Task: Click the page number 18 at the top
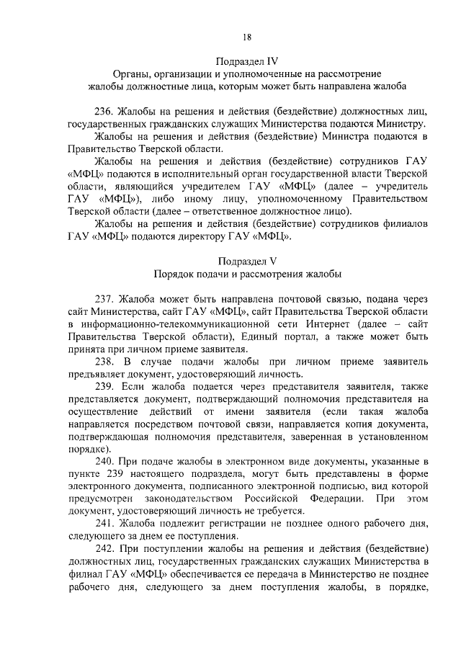click(247, 37)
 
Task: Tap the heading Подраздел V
click(247, 260)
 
